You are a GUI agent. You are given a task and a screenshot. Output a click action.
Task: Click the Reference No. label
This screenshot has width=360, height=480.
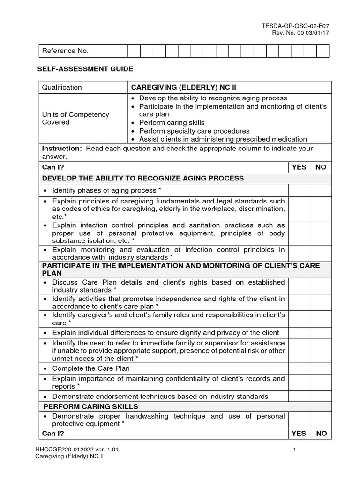pyautogui.click(x=65, y=51)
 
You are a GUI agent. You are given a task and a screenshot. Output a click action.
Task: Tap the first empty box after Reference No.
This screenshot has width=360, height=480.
pyautogui.click(x=134, y=51)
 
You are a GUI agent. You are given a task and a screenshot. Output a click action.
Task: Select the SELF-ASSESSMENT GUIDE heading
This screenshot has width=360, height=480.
pyautogui.click(x=85, y=69)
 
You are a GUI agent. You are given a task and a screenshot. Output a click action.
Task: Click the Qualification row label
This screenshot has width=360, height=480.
pyautogui.click(x=62, y=87)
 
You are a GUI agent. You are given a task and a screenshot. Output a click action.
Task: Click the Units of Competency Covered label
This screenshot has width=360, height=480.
pyautogui.click(x=75, y=118)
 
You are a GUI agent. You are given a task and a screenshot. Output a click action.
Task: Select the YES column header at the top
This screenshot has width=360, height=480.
pyautogui.click(x=299, y=167)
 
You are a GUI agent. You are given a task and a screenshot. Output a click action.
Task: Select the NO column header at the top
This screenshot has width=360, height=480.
pyautogui.click(x=321, y=167)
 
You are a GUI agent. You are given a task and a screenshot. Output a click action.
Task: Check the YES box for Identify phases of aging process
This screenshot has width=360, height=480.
pyautogui.click(x=299, y=190)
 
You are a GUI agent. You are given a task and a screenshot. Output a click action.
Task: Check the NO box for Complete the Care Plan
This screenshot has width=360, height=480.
pyautogui.click(x=321, y=368)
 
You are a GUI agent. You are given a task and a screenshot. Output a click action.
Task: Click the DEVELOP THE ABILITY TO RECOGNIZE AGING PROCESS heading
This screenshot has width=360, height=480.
pyautogui.click(x=143, y=178)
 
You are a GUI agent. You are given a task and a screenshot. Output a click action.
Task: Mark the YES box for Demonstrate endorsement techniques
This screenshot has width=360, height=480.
pyautogui.click(x=299, y=396)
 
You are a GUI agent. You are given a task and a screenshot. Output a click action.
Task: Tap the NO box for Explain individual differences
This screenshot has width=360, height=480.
pyautogui.click(x=321, y=332)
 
